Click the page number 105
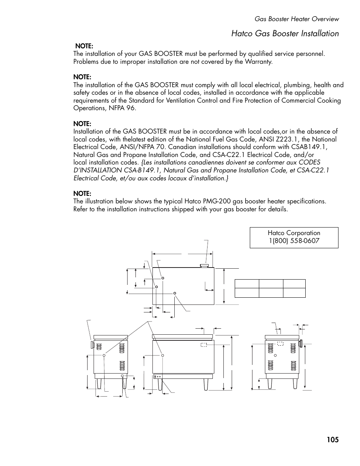332,440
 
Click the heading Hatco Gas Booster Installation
285,34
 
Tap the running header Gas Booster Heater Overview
297,19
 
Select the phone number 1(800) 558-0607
294,241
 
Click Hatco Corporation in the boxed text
294,233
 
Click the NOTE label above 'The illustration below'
82,194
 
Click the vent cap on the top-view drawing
205,266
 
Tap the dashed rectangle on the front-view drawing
204,345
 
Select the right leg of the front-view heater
206,384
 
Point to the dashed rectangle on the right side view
280,343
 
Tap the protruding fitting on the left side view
92,345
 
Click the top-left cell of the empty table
247,284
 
